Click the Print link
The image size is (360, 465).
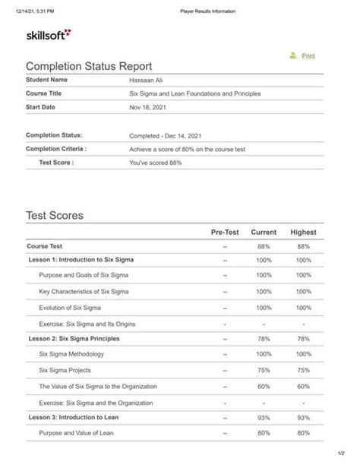(x=308, y=55)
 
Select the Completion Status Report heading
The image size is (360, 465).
(x=89, y=67)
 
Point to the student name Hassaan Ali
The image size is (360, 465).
(x=147, y=80)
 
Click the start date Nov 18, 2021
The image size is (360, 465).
(x=147, y=107)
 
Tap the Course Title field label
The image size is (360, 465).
(x=44, y=93)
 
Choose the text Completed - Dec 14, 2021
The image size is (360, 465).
(x=165, y=135)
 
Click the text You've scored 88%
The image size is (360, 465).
(x=156, y=163)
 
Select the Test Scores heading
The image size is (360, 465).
(x=55, y=216)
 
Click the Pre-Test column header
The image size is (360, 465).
(x=225, y=232)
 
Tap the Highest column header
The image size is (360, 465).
(x=303, y=232)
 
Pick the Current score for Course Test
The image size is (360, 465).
(x=264, y=246)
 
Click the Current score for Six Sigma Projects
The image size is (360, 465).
(x=264, y=370)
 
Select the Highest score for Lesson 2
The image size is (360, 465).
(x=303, y=338)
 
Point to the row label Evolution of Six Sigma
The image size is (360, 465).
(x=77, y=308)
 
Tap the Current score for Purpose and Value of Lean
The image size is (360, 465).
(x=264, y=432)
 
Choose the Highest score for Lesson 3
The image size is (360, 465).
(x=303, y=417)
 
